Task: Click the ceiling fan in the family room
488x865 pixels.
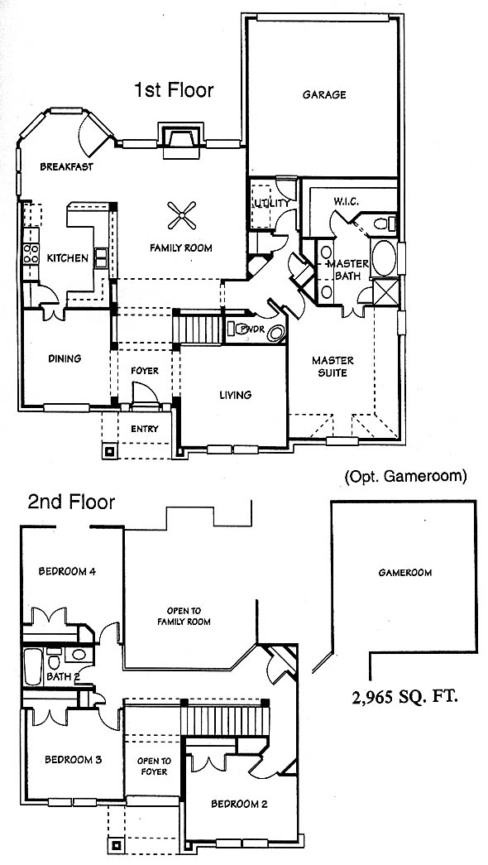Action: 181,215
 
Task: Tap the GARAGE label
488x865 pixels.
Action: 324,95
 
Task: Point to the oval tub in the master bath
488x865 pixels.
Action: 383,257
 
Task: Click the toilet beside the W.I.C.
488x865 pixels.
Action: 385,223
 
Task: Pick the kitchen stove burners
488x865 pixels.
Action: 31,253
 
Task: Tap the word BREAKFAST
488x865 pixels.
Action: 66,166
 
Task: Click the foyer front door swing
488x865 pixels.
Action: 146,396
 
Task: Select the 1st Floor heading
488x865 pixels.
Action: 174,89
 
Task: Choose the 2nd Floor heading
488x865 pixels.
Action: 72,502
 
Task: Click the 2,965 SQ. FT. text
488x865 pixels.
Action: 405,697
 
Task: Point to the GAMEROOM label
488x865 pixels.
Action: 404,573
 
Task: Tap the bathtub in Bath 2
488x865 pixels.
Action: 33,666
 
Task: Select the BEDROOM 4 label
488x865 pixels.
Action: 67,571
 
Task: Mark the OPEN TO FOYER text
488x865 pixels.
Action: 154,766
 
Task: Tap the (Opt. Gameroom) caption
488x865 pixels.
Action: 405,476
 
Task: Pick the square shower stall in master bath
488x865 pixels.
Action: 385,292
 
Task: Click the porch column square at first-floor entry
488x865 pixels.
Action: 109,451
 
